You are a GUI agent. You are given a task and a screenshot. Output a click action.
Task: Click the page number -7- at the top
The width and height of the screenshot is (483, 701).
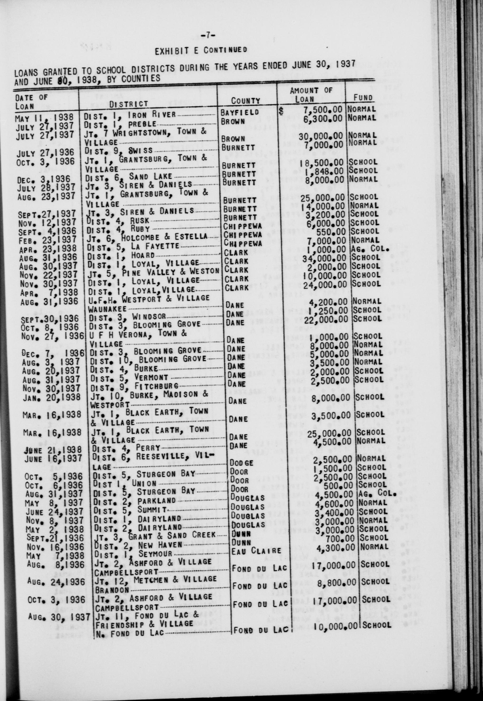coord(208,36)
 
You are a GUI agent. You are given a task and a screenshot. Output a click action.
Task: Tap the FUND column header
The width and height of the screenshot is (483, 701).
coord(363,98)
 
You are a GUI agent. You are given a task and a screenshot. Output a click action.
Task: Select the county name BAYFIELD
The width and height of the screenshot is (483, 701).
coord(240,112)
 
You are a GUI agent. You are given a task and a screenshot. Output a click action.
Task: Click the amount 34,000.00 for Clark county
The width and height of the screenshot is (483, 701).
coord(324,258)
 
